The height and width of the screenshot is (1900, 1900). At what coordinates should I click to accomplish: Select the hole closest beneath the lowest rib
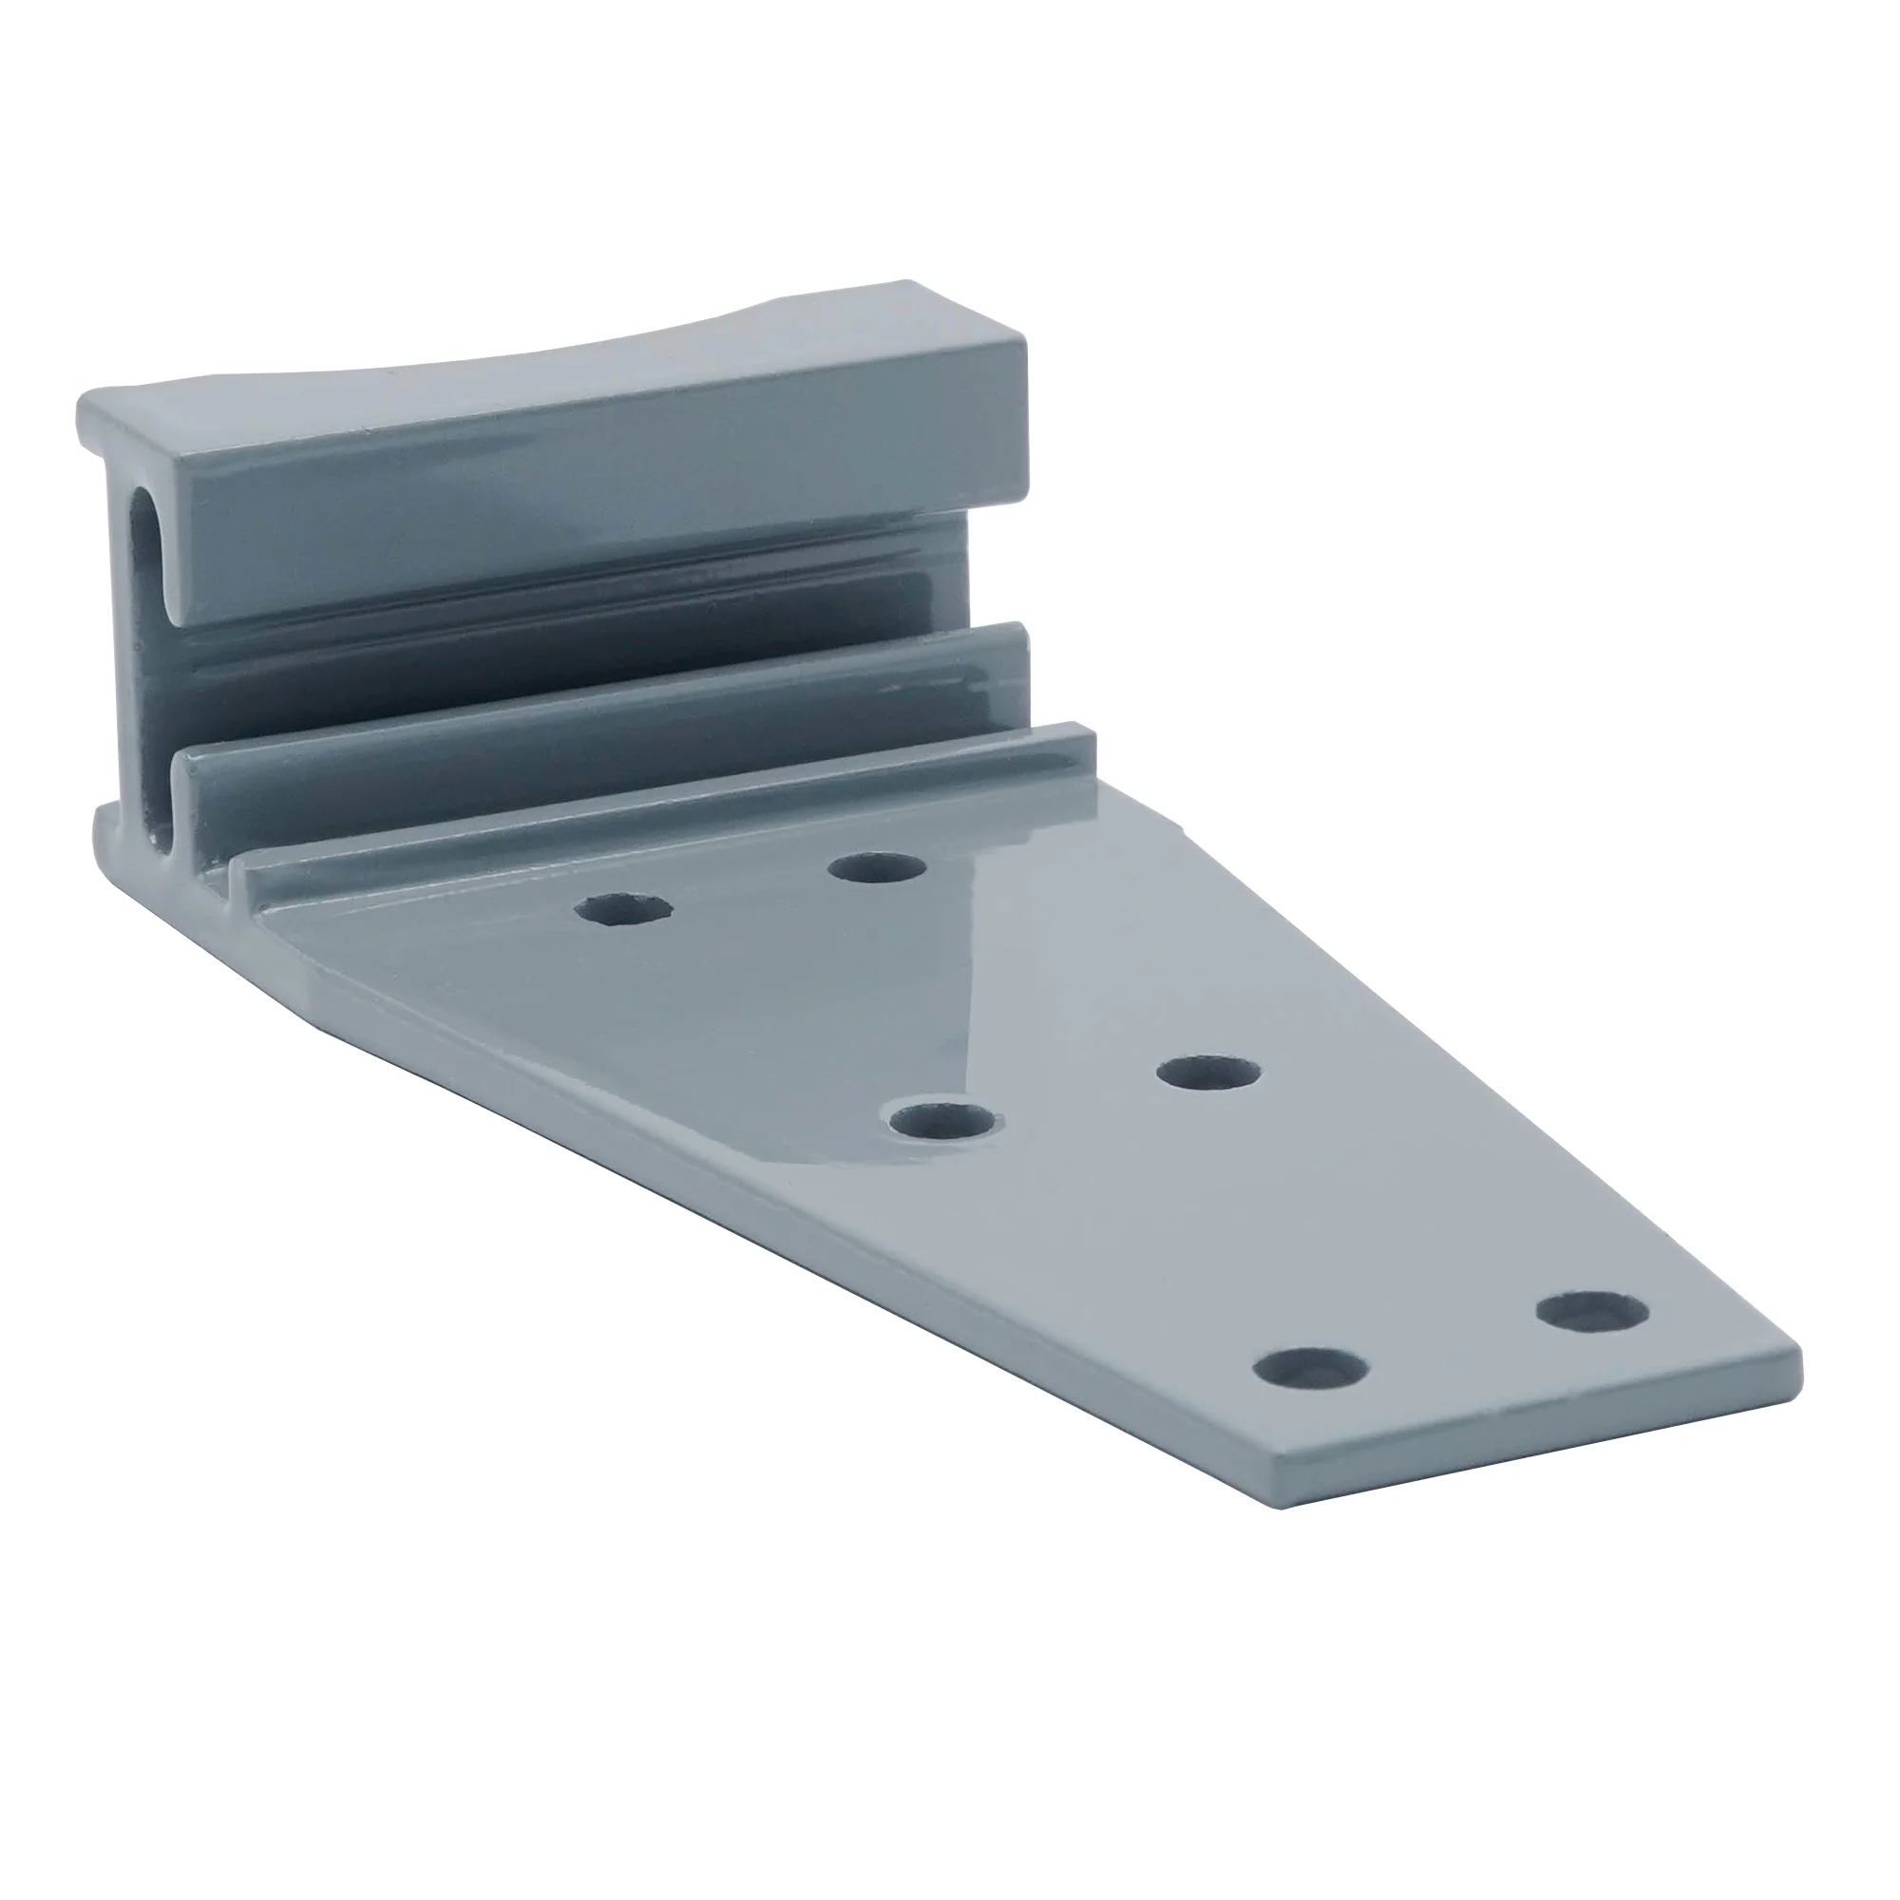[x=877, y=868]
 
